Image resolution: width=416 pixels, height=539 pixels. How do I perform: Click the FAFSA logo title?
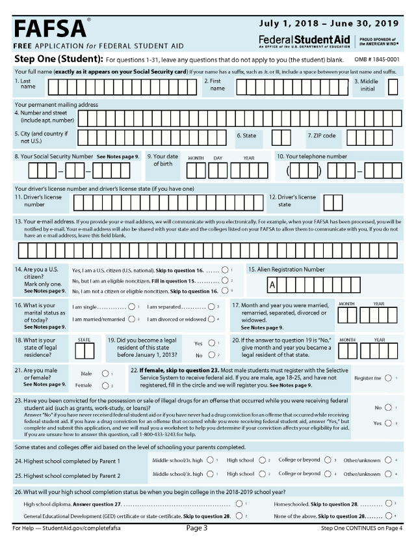tap(50, 28)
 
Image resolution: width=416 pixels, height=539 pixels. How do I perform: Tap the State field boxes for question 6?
tap(281, 137)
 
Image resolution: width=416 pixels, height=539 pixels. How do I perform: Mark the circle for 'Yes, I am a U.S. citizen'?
tap(224, 269)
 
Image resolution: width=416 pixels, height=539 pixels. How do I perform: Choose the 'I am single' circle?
tap(132, 306)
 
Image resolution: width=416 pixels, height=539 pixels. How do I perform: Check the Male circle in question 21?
tap(105, 374)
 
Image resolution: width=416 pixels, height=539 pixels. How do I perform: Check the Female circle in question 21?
tap(105, 385)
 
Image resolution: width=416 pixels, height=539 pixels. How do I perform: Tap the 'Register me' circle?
tap(388, 378)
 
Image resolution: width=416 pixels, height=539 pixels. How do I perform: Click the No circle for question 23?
tap(388, 408)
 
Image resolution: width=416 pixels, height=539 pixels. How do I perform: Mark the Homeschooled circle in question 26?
tap(389, 503)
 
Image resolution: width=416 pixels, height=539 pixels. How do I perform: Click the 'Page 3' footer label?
tap(197, 528)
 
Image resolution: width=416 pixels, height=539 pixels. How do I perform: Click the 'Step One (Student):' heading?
tap(55, 59)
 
